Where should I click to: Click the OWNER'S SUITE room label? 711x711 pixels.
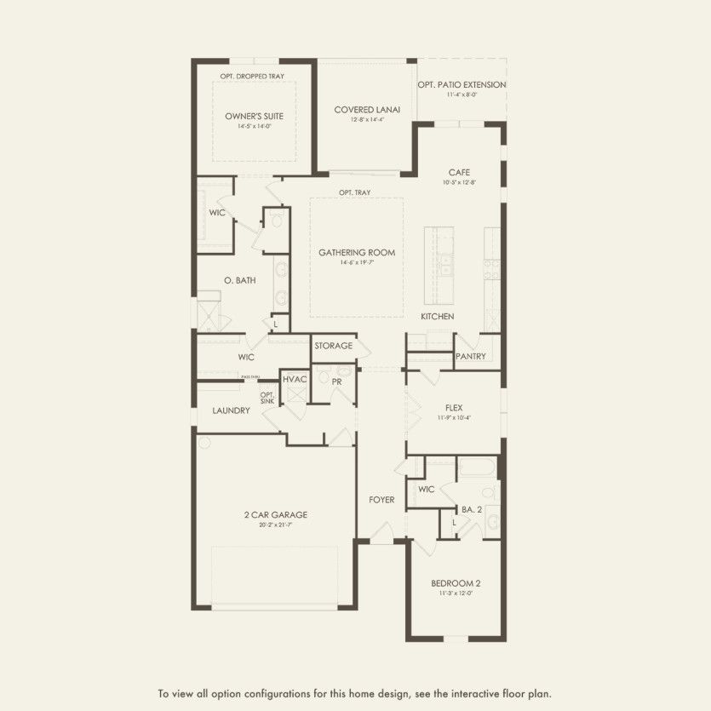click(254, 116)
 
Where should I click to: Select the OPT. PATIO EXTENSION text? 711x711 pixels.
click(462, 85)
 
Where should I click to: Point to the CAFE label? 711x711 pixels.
click(460, 173)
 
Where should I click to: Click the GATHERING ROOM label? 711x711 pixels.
click(357, 253)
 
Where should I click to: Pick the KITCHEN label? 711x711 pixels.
click(437, 317)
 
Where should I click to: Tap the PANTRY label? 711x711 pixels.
click(470, 357)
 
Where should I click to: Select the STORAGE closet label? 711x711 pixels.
click(333, 347)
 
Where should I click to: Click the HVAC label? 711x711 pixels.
click(295, 379)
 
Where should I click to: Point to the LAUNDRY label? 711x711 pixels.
click(231, 411)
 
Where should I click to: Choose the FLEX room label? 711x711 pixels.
click(453, 408)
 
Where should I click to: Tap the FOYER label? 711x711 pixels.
click(381, 500)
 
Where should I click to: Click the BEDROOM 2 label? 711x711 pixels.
click(456, 583)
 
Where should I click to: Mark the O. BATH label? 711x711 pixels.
click(240, 280)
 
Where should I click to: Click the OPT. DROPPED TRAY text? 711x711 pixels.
click(252, 77)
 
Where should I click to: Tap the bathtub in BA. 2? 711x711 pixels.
click(478, 467)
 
